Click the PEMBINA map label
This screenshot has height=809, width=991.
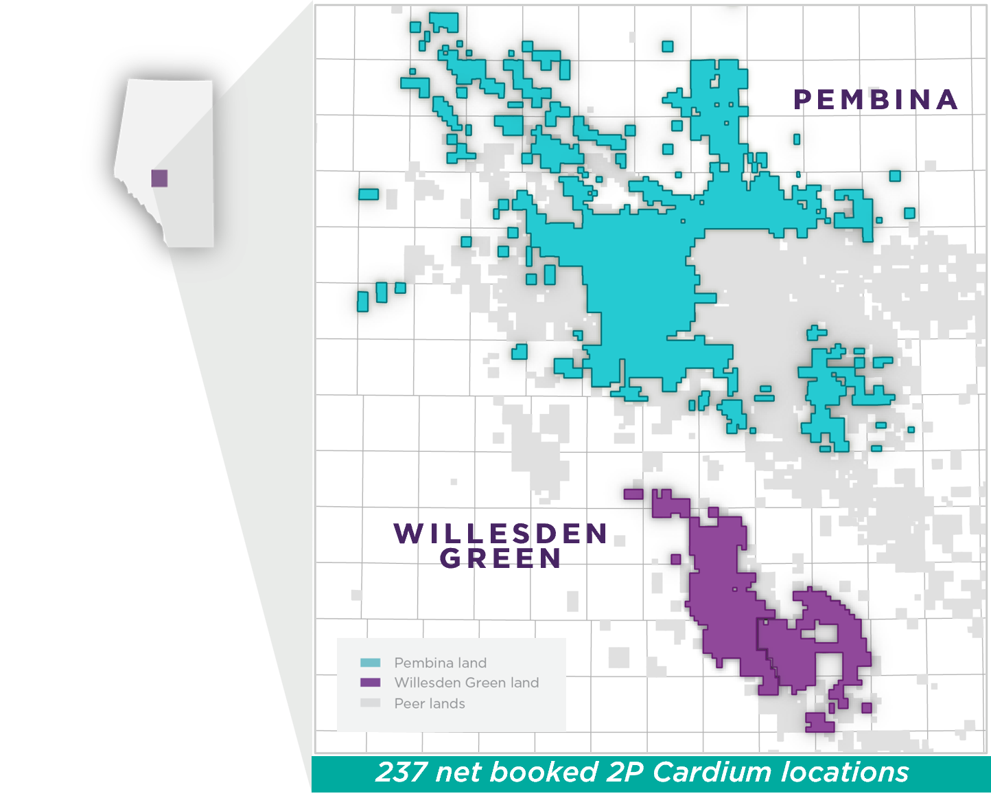click(876, 100)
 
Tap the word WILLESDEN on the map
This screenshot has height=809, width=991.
click(500, 534)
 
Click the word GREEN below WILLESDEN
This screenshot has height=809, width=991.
click(500, 559)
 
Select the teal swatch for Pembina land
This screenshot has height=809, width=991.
click(370, 663)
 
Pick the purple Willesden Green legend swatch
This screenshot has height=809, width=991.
click(370, 683)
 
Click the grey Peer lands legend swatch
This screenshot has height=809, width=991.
click(370, 703)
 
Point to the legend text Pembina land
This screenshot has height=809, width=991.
click(440, 663)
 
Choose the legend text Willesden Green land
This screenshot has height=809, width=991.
click(467, 683)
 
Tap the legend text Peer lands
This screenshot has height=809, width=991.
click(430, 703)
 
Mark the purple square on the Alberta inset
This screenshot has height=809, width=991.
click(159, 178)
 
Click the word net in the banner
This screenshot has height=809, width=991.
click(459, 773)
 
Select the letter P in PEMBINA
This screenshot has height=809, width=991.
click(802, 100)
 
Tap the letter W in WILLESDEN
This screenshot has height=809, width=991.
click(408, 534)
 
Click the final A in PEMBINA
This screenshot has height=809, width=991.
click(947, 100)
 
